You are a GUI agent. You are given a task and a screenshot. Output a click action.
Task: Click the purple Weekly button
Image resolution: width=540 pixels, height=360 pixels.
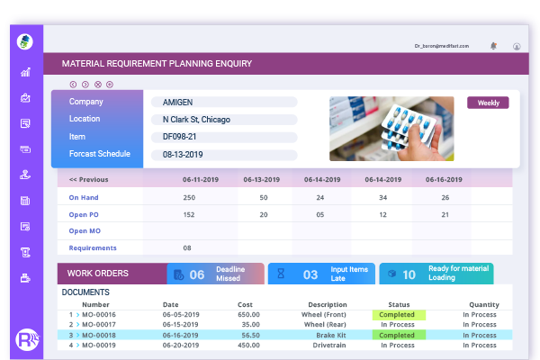pos(488,103)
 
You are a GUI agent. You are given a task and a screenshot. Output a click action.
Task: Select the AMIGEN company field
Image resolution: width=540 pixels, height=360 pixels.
pos(223,103)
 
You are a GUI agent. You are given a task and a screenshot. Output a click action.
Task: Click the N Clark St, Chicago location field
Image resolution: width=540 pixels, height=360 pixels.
pos(223,120)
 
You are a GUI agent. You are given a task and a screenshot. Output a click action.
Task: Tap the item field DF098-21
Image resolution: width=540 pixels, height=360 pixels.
pos(223,137)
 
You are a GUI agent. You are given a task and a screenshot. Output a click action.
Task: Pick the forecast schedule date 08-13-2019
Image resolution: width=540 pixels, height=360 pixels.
pos(223,154)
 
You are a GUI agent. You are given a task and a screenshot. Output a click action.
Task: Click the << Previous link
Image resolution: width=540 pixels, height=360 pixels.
pos(88,179)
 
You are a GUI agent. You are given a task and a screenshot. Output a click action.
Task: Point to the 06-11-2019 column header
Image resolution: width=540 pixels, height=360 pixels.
pos(188,179)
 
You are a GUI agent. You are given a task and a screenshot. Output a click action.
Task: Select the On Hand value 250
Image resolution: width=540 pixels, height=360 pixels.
pos(188,197)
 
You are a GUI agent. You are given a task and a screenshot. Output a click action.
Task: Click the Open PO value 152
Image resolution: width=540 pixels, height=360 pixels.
pos(188,214)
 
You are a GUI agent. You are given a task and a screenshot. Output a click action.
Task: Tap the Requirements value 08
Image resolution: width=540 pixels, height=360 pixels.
pos(187,247)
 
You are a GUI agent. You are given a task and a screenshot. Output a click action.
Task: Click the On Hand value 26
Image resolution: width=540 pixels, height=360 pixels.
pos(445,197)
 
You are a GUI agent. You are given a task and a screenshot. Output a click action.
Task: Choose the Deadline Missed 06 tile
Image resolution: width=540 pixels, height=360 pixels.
pos(216,274)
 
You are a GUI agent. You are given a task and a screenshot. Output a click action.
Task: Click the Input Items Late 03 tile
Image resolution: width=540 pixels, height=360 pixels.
pos(321,274)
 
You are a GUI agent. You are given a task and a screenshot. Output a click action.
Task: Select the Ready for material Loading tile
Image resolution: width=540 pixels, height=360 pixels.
pos(436,274)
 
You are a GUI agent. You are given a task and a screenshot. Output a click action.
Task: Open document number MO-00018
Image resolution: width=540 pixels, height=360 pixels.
pos(99,334)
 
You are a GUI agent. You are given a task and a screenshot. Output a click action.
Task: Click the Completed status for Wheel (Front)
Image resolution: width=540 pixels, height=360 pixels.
pos(398,314)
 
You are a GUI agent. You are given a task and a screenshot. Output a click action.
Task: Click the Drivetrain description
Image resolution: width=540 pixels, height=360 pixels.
pos(328,345)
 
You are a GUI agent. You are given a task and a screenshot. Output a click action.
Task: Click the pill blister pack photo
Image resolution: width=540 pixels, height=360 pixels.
pos(391,129)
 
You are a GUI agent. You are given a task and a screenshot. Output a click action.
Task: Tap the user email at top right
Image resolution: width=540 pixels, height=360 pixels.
pos(447,45)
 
